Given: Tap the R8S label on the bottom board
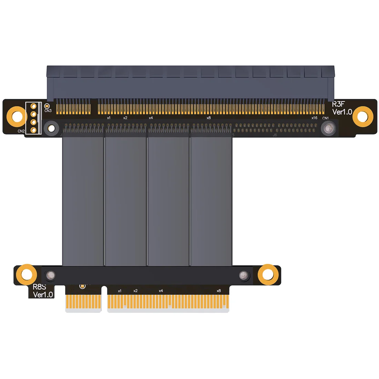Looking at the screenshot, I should click(x=39, y=287).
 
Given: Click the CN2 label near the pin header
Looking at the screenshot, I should click(x=21, y=131).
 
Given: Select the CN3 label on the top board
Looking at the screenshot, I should click(x=48, y=111).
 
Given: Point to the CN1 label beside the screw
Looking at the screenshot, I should click(x=325, y=118).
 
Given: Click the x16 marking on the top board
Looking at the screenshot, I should click(x=314, y=118).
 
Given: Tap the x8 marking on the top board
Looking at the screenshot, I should click(x=208, y=118).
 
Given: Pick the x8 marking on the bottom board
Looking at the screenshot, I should click(x=218, y=291).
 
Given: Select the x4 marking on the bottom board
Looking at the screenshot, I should click(x=161, y=291).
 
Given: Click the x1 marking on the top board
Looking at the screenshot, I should click(x=109, y=118).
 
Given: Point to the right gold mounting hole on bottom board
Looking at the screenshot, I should click(x=268, y=275).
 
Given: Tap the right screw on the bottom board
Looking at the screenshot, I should click(x=244, y=275).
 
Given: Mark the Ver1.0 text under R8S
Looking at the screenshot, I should click(x=43, y=295).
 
